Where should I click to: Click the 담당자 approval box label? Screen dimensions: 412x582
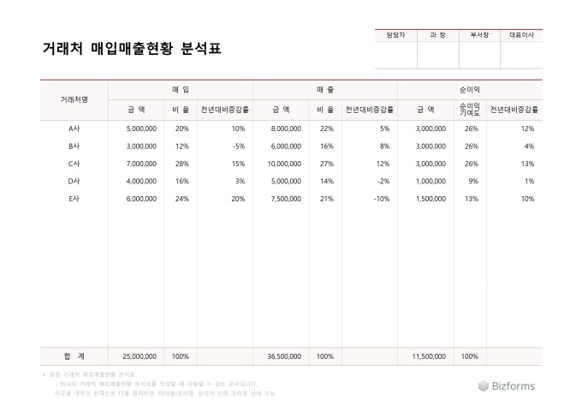(395, 35)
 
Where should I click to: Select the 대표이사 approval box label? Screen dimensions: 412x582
(520, 35)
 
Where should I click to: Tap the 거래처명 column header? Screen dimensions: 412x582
(74, 99)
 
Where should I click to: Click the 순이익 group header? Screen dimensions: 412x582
(470, 89)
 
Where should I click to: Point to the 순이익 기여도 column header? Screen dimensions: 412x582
(470, 109)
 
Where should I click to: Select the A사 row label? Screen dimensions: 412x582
(74, 128)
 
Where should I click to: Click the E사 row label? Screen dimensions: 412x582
(74, 198)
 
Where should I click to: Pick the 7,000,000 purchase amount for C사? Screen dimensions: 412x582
(140, 163)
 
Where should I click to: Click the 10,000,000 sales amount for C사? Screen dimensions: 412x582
(284, 163)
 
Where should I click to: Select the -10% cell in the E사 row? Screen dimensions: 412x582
(382, 198)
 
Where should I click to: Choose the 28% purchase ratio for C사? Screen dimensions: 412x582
(181, 163)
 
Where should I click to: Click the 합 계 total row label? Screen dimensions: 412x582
(74, 355)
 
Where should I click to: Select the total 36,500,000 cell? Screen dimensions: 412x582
(284, 355)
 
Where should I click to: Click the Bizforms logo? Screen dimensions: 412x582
(507, 385)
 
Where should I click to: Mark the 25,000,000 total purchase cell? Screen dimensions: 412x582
(140, 355)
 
